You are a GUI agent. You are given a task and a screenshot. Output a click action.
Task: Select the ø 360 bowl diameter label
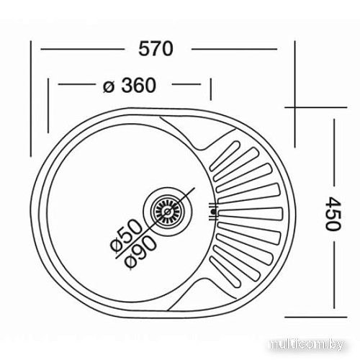coord(130,86)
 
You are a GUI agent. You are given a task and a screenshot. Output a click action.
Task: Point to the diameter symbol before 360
coord(109,86)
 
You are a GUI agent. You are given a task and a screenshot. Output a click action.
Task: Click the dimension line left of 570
coord(86,49)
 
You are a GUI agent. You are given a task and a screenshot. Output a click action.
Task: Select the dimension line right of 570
coord(234,49)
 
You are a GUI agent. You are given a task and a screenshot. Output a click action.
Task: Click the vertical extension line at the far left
coord(31,101)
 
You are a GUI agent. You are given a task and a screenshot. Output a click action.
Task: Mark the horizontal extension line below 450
coord(313,315)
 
